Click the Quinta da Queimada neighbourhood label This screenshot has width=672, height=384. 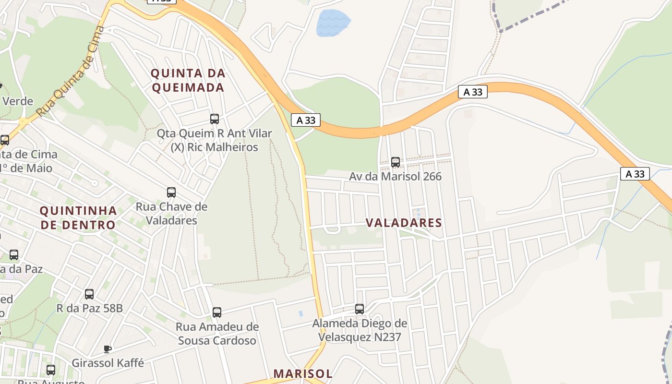pyautogui.click(x=188, y=80)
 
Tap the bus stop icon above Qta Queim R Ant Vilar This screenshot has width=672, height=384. pyautogui.click(x=215, y=119)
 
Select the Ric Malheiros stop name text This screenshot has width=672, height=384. pyautogui.click(x=215, y=147)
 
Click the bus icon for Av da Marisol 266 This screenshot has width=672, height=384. pyautogui.click(x=396, y=162)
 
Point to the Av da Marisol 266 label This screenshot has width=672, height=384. pyautogui.click(x=395, y=176)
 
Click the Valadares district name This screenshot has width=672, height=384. pyautogui.click(x=404, y=223)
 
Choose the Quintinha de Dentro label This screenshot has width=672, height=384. pyautogui.click(x=78, y=217)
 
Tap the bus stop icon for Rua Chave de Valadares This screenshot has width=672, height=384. pyautogui.click(x=171, y=192)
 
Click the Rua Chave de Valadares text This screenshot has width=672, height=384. pyautogui.click(x=171, y=214)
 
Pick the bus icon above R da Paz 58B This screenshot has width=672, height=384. pyautogui.click(x=89, y=294)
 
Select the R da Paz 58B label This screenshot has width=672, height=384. pyautogui.click(x=89, y=308)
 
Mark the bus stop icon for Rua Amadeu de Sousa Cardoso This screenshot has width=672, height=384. pyautogui.click(x=217, y=312)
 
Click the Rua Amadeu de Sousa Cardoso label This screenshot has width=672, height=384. pyautogui.click(x=217, y=334)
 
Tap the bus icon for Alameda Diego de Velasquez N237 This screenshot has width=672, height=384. pyautogui.click(x=360, y=309)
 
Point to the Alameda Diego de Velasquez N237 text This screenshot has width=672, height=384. pyautogui.click(x=360, y=330)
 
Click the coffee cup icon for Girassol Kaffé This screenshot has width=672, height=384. pyautogui.click(x=108, y=349)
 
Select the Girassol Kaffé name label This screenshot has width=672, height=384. pyautogui.click(x=108, y=362)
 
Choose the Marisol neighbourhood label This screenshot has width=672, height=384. pyautogui.click(x=302, y=373)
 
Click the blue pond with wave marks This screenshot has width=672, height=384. pyautogui.click(x=333, y=23)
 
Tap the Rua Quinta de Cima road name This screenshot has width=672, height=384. pyautogui.click(x=71, y=72)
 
